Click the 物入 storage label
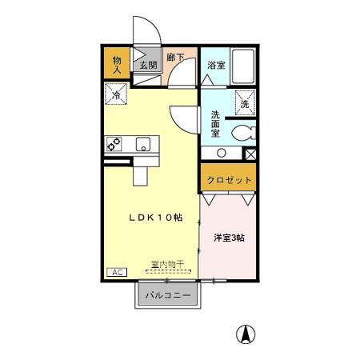(117, 65)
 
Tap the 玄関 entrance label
(147, 66)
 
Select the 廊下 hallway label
(175, 58)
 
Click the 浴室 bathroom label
(215, 65)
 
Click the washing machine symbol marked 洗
(245, 102)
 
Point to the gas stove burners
(114, 144)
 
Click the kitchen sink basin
(143, 144)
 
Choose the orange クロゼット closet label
(230, 180)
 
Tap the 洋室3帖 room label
(229, 238)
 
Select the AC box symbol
(117, 272)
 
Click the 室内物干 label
(167, 265)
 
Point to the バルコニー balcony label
(168, 296)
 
